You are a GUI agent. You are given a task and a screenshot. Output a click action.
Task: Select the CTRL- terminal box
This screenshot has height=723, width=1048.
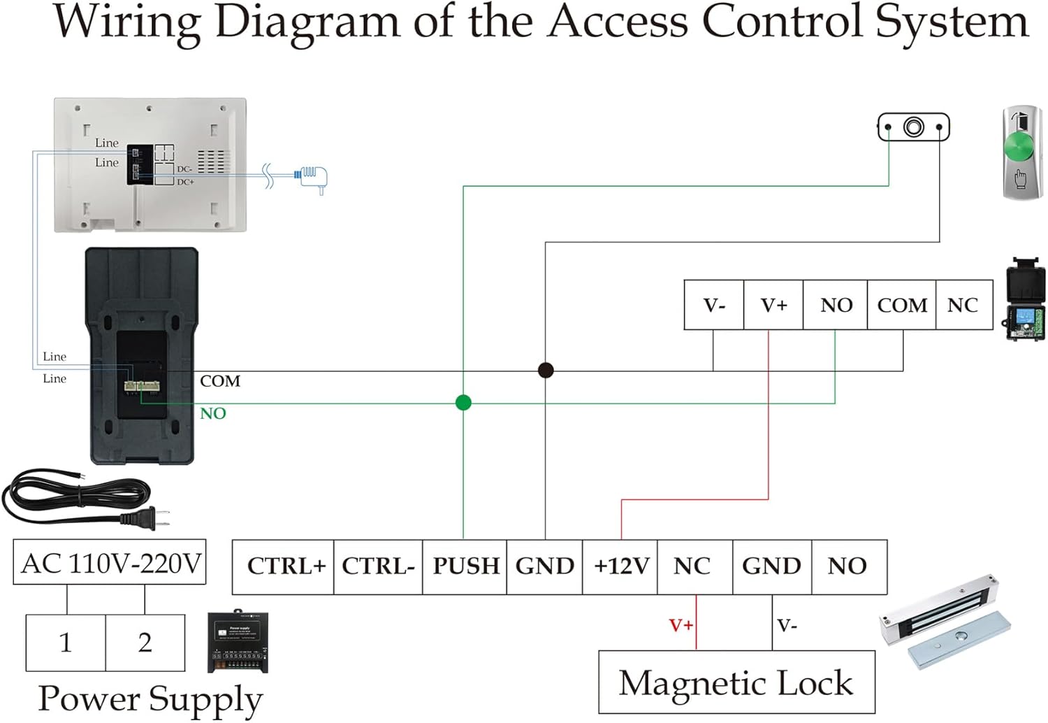tap(378, 566)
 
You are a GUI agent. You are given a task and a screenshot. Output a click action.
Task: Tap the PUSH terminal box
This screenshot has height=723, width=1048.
tap(465, 566)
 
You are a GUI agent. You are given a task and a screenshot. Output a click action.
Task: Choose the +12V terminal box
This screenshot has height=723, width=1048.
tap(620, 566)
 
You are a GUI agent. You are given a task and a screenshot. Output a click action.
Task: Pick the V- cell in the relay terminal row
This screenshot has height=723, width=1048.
tap(714, 305)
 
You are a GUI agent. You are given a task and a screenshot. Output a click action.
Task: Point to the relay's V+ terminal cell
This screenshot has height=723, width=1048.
tap(773, 305)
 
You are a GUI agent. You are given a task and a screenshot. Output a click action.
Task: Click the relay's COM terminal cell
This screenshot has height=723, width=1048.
tap(901, 305)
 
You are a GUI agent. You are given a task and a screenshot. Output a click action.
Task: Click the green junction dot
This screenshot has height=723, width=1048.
tap(463, 403)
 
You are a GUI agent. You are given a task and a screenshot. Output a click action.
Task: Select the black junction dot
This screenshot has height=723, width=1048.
tap(546, 370)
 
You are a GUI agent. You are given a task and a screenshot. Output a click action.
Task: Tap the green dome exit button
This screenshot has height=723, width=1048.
tap(1022, 149)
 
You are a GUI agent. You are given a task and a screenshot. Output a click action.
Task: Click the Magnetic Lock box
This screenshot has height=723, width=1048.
tap(736, 682)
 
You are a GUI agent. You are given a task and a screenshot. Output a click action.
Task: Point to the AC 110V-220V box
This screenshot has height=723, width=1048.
tap(110, 562)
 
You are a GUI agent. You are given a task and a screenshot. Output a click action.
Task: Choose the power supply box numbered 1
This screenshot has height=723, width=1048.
tap(66, 643)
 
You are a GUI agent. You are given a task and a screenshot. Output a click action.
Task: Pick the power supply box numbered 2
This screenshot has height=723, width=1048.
tap(145, 643)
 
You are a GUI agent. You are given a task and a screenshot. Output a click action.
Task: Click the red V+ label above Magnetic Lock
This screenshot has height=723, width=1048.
tap(681, 624)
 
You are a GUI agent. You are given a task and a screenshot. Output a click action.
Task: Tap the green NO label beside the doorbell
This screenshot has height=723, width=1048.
tap(213, 413)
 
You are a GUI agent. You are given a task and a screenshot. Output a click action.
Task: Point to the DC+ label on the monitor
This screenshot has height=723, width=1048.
tap(185, 182)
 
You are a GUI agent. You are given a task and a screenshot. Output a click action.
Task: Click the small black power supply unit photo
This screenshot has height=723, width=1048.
tap(238, 643)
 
